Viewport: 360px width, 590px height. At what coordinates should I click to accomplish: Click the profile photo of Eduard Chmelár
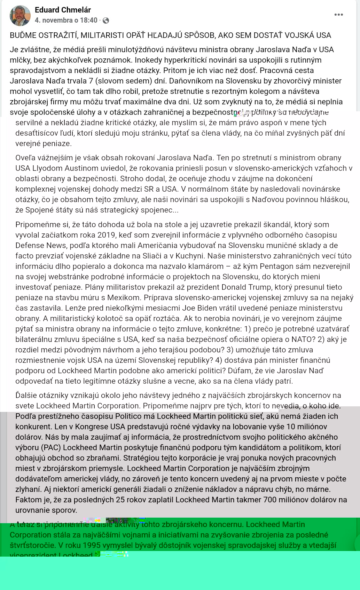pyautogui.click(x=20, y=16)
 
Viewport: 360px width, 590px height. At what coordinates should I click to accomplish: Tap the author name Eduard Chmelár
pyautogui.click(x=63, y=10)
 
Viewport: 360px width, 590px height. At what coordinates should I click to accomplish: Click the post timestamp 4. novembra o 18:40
pyautogui.click(x=66, y=20)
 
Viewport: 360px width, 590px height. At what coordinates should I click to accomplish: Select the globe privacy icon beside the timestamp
pyautogui.click(x=106, y=21)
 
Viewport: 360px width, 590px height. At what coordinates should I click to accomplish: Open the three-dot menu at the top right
pyautogui.click(x=338, y=15)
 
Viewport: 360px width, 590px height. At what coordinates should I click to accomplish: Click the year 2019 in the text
pyautogui.click(x=106, y=235)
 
